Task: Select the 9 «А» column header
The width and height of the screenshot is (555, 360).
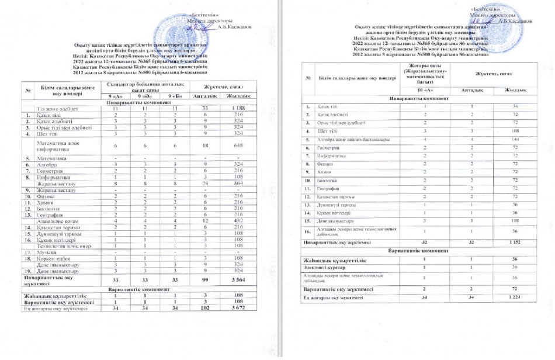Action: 115,96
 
